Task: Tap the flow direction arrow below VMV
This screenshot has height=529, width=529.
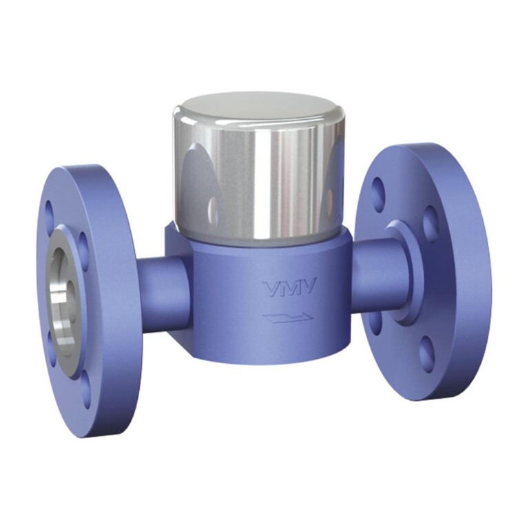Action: tap(287, 317)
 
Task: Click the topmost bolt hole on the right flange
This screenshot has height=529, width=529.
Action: tap(377, 188)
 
